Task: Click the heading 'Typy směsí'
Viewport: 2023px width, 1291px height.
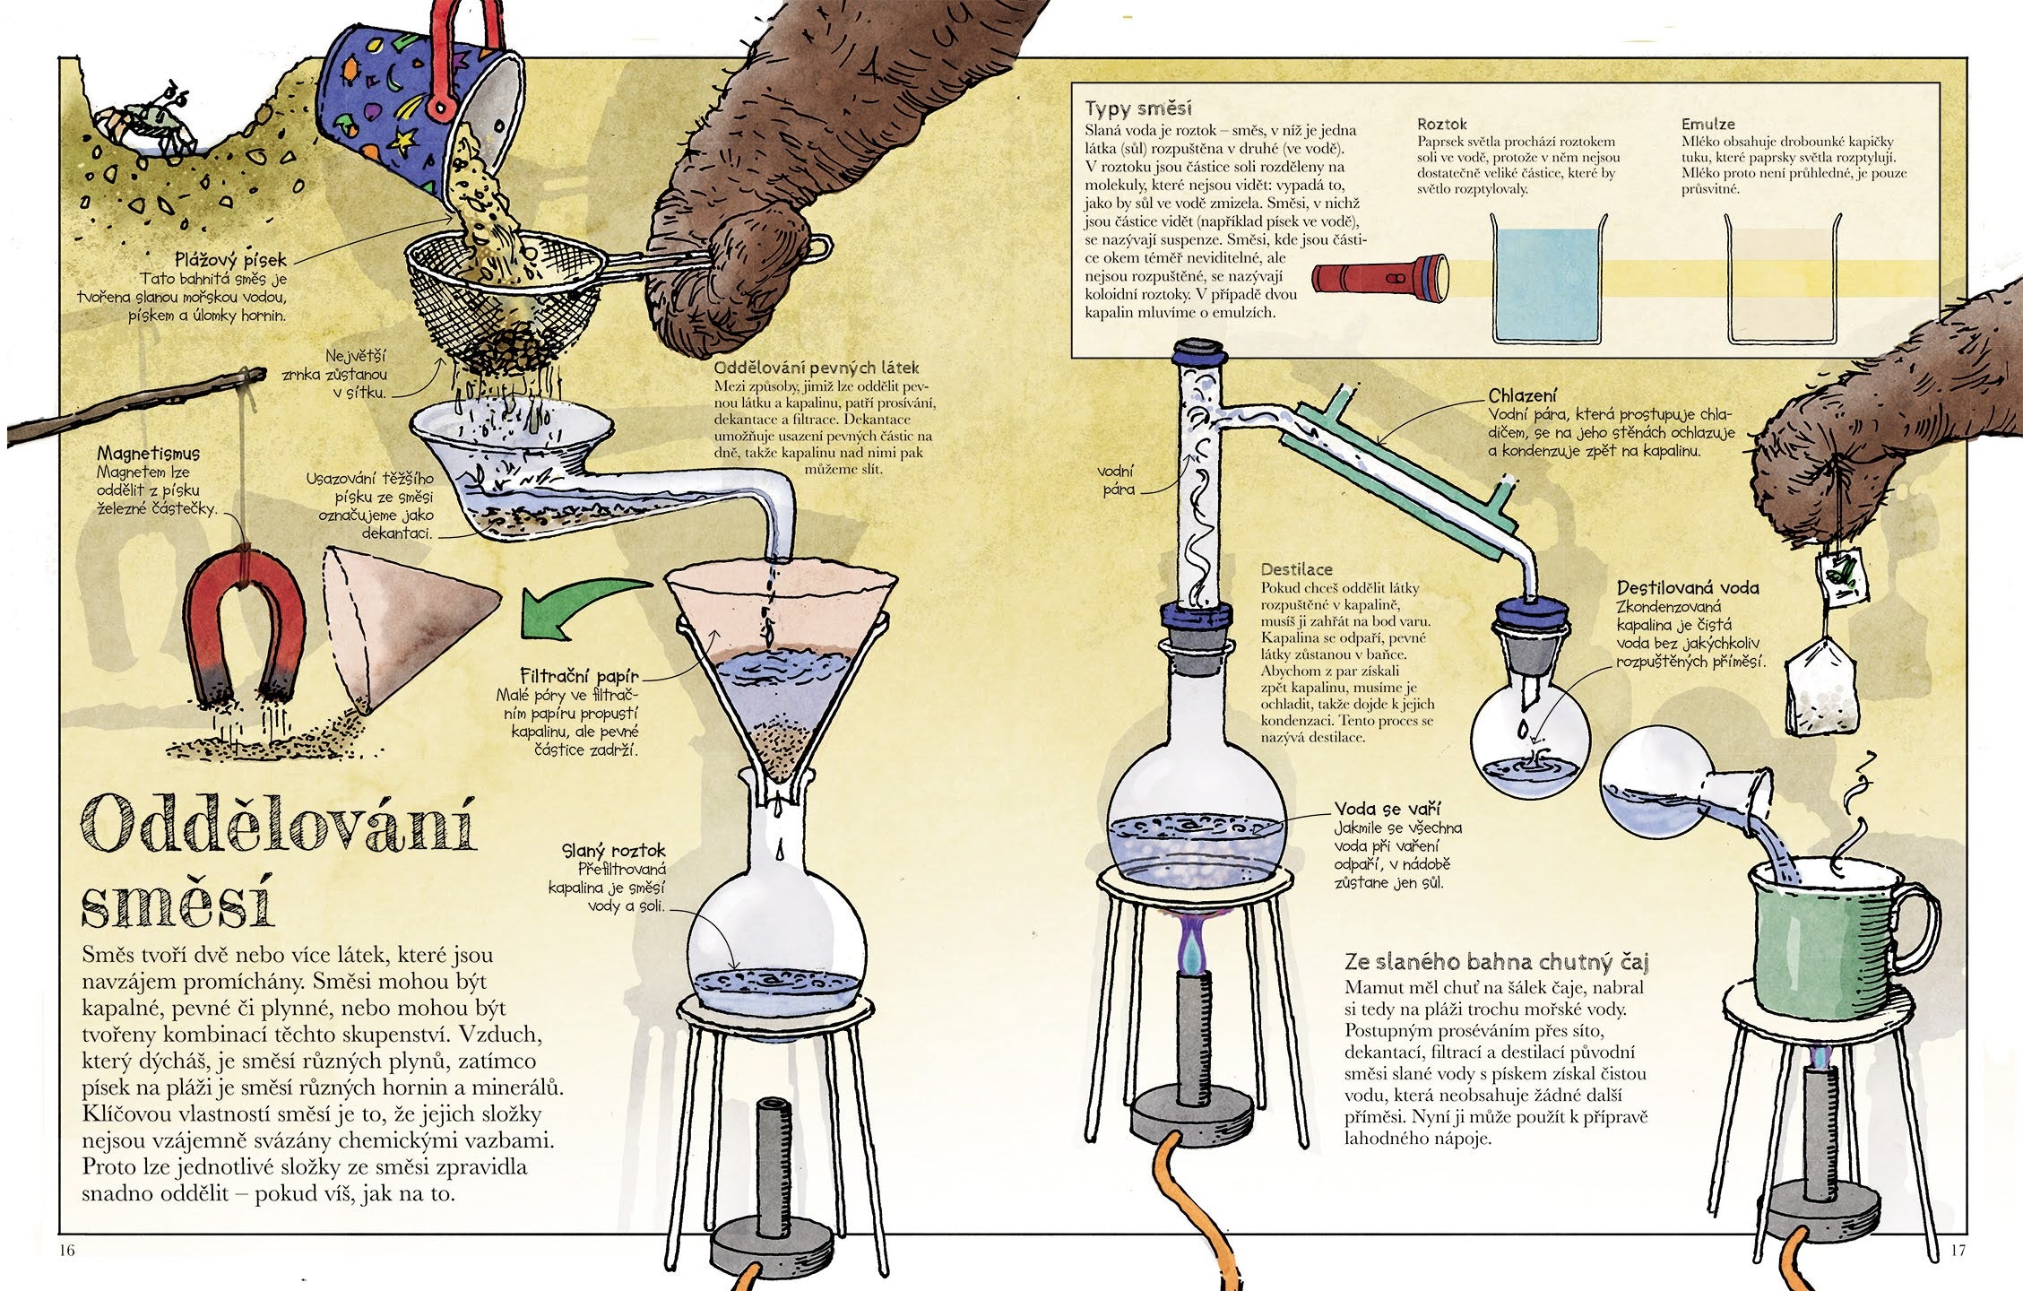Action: pos(1137,108)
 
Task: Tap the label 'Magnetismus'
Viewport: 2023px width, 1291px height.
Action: pos(149,453)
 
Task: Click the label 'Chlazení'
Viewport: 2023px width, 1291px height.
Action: pos(1522,395)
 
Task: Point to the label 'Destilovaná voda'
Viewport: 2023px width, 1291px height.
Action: pos(1688,588)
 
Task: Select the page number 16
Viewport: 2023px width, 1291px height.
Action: pos(68,1250)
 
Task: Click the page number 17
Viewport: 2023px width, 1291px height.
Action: pos(1957,1250)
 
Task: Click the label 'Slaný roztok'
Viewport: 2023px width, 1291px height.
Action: pos(614,851)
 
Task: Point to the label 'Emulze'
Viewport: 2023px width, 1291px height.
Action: pos(1708,125)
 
